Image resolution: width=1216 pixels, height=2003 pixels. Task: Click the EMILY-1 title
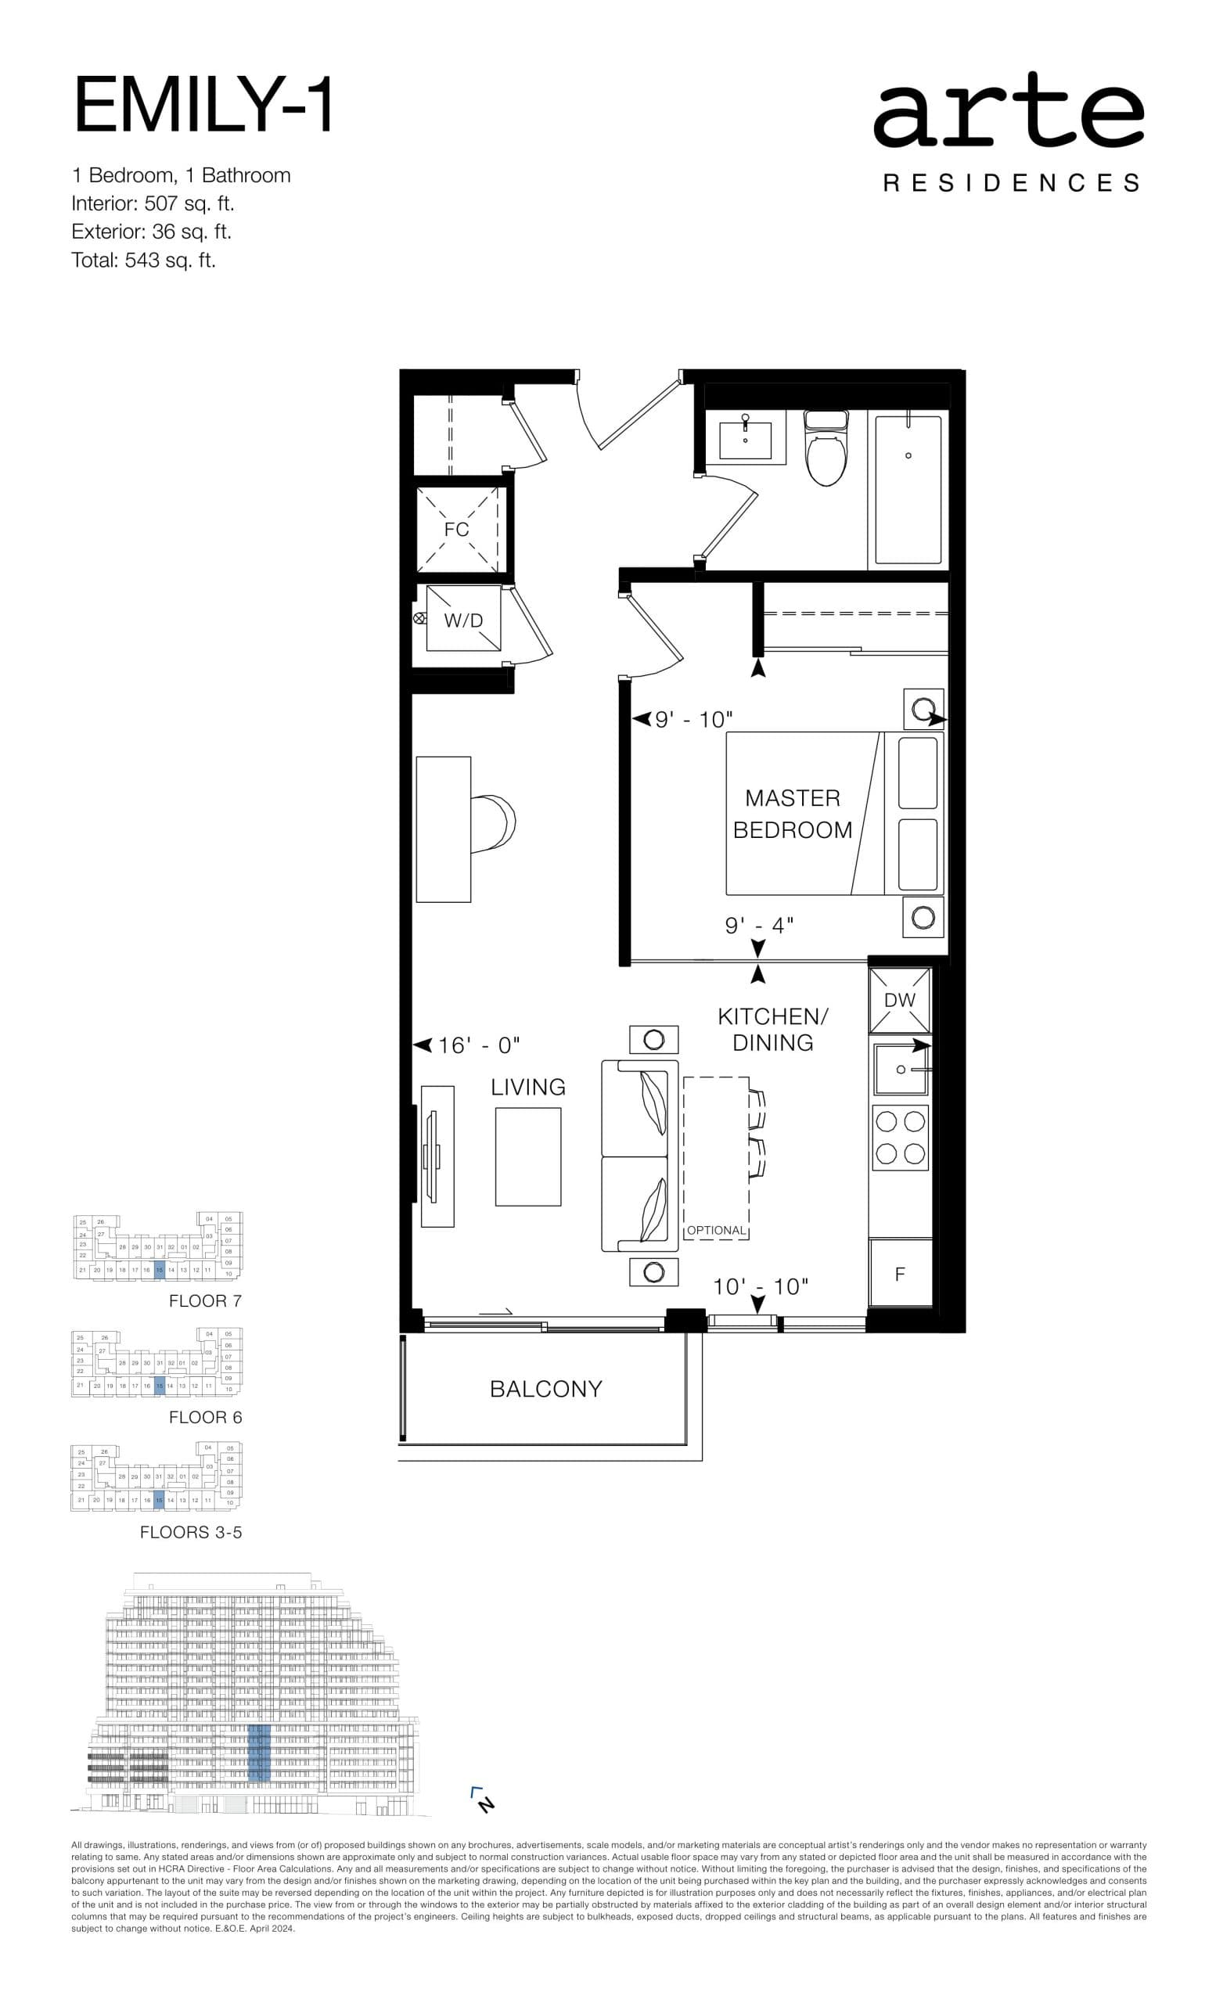pos(203,105)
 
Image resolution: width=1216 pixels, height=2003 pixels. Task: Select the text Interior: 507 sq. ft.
pos(153,203)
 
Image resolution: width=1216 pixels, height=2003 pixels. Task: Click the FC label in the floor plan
pos(457,529)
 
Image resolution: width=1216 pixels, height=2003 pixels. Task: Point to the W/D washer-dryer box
pos(462,620)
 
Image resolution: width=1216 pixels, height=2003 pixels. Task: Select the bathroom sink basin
pos(745,440)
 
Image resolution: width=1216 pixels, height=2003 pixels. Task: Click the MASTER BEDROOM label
pos(792,814)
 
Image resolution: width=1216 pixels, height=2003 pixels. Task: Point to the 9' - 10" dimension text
pos(694,719)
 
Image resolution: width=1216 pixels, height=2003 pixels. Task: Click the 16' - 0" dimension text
pos(479,1045)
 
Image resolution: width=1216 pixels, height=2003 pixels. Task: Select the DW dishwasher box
pos(900,1001)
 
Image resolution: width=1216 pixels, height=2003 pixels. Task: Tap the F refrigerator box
pos(900,1274)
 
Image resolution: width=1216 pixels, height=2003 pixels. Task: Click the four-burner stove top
pos(900,1138)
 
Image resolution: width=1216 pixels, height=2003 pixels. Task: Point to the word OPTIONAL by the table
pos(716,1230)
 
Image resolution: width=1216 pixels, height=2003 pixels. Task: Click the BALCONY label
pos(545,1389)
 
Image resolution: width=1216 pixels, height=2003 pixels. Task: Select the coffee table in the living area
pos(527,1156)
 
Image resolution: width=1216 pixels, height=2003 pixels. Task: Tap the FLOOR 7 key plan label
pos(205,1300)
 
